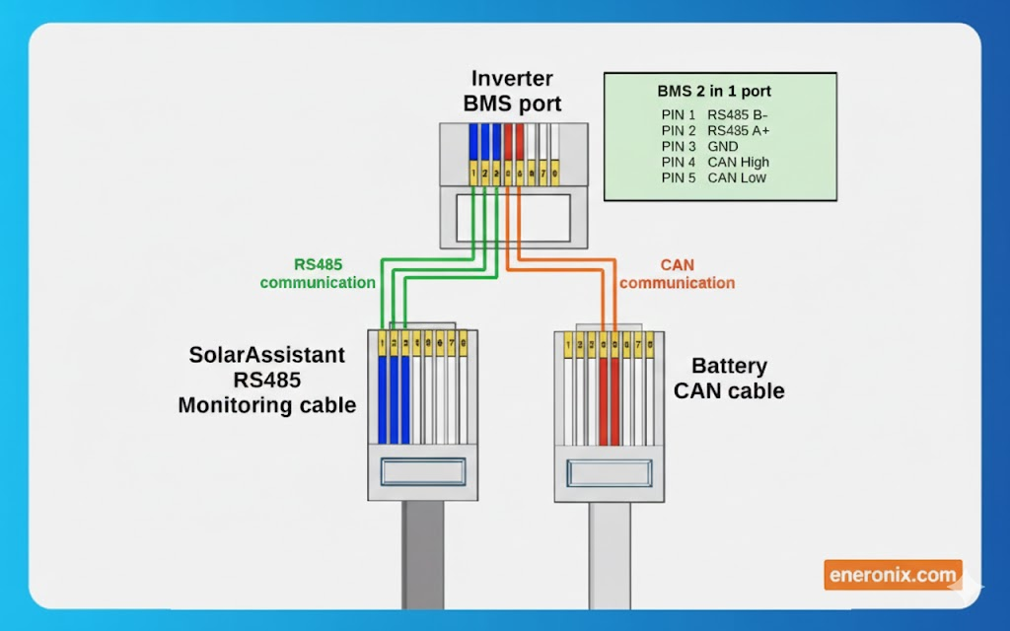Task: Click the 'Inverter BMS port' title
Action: coord(512,91)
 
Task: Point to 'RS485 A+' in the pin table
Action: coord(738,131)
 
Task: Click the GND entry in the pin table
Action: coord(723,147)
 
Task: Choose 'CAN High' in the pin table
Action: coord(738,163)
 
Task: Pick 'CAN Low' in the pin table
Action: coord(737,178)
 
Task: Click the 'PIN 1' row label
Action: coord(679,115)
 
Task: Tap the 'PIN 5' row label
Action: coord(679,178)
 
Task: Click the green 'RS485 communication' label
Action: coord(318,273)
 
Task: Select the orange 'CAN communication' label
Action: coord(677,274)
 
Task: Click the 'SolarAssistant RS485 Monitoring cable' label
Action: coord(267,380)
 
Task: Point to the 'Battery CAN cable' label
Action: coord(729,379)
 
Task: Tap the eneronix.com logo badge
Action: coord(892,574)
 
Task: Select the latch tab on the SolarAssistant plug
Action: coord(422,471)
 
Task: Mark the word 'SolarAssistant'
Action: coord(267,355)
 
